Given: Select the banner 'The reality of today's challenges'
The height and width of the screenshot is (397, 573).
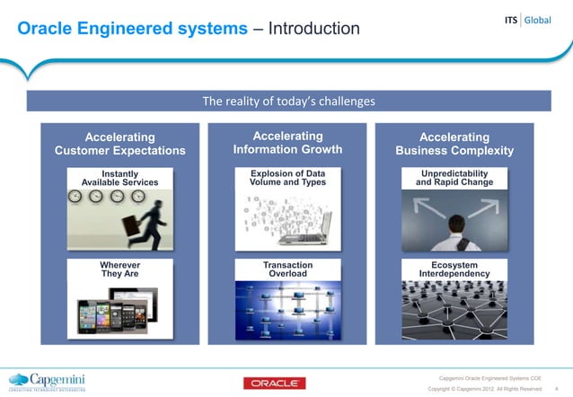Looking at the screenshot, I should coord(287,101).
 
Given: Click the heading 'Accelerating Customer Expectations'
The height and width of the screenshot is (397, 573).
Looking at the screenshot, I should coord(120,144).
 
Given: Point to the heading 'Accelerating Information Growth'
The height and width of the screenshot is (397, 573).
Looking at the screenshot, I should coord(287,142).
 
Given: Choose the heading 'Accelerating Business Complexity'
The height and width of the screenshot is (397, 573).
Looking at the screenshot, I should coord(454,144).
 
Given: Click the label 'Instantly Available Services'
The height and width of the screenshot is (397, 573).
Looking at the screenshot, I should coord(119,177).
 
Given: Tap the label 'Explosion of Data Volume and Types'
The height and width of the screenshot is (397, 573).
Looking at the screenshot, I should coord(287,177).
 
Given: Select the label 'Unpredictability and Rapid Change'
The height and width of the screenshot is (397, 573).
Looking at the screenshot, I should coord(454,177).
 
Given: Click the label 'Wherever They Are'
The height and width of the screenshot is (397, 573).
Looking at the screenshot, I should coord(119,269).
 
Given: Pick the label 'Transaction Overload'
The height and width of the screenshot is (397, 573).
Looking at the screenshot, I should coord(287,269).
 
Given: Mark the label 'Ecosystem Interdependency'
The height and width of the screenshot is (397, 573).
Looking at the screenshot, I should coord(454,269).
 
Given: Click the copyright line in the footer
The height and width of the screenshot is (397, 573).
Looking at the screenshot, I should coord(484,389).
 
